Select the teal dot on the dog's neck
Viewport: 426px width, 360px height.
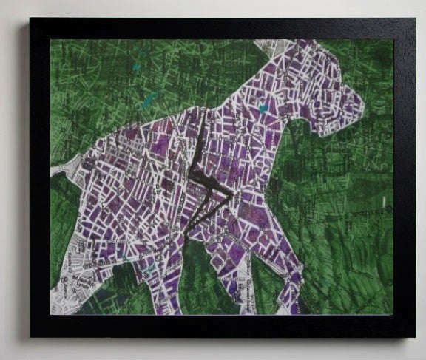(x=263, y=109)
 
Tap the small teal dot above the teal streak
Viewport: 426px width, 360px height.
(x=138, y=67)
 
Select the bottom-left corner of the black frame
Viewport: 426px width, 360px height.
(x=31, y=336)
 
